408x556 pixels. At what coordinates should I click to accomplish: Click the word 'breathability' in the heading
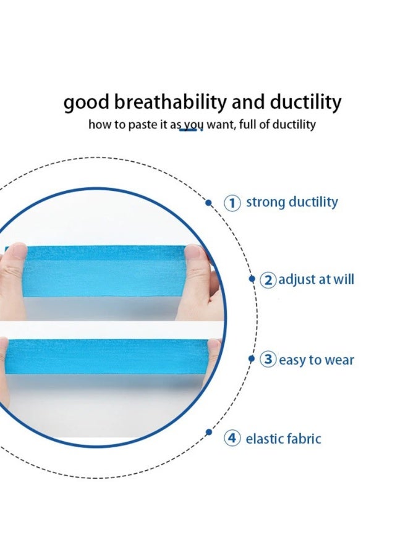[170, 102]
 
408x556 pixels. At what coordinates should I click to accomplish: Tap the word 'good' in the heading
[87, 103]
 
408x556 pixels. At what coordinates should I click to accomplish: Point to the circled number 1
[232, 203]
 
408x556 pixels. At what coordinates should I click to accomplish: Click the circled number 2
[268, 280]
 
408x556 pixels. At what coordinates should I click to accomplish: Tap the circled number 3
[268, 359]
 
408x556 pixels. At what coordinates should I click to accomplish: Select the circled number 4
[232, 438]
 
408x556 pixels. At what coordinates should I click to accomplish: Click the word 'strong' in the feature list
[266, 203]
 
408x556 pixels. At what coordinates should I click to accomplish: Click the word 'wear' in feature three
[339, 360]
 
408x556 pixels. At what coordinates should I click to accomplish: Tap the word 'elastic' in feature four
[264, 439]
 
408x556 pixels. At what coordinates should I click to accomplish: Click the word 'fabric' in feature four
[304, 439]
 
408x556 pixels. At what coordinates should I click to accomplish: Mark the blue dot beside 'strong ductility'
[208, 203]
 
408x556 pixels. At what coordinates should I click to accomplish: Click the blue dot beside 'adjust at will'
[252, 279]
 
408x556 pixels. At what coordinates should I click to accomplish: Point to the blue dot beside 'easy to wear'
[252, 359]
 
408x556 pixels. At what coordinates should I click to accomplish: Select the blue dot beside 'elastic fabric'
[208, 432]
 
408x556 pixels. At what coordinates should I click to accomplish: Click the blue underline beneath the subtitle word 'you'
[189, 130]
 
